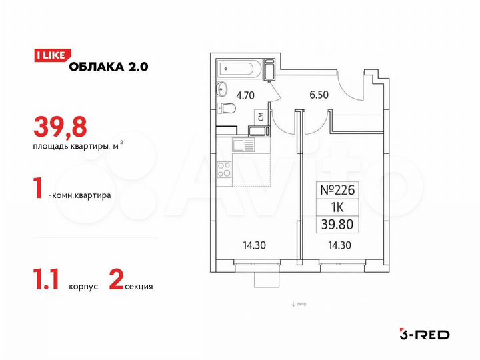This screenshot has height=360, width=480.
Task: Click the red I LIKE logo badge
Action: (49, 56)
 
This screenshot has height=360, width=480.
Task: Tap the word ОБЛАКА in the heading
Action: (95, 65)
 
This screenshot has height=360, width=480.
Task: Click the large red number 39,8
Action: (55, 125)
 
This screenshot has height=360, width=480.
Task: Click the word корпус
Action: (83, 287)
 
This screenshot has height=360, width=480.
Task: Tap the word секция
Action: (139, 287)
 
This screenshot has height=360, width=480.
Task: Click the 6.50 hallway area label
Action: (311, 95)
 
